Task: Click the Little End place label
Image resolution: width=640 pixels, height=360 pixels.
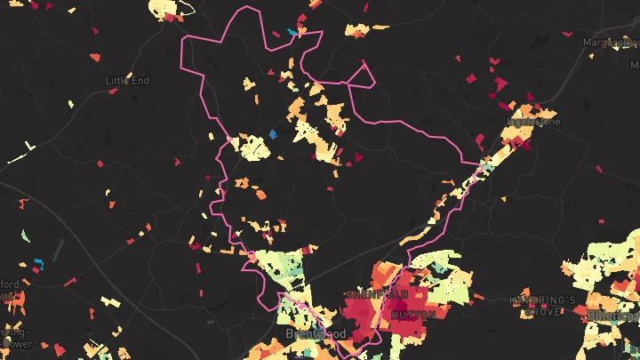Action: [x=128, y=81]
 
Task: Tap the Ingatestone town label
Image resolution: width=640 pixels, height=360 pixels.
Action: [x=533, y=122]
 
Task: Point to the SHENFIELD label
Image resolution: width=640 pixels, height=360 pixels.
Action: [x=376, y=293]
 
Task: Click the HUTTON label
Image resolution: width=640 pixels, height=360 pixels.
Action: [x=413, y=315]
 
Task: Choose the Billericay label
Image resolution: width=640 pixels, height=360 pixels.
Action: [x=613, y=316]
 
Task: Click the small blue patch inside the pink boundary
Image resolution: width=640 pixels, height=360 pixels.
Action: [x=273, y=134]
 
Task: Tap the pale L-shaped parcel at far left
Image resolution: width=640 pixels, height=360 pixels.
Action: [x=30, y=145]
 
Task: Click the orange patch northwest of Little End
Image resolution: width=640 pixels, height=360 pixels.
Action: [x=96, y=57]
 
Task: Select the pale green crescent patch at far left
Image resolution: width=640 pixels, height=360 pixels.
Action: [x=26, y=236]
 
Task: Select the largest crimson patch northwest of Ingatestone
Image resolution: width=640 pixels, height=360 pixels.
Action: [x=498, y=85]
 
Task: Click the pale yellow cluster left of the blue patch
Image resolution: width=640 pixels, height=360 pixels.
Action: [x=252, y=146]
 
